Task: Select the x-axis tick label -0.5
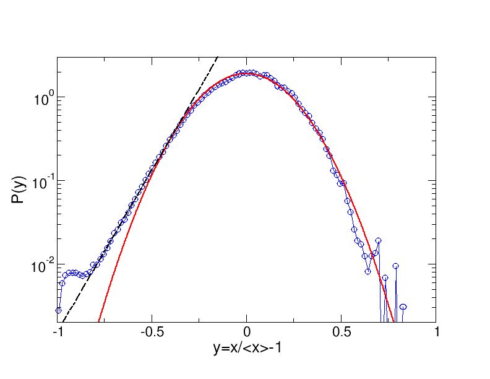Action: pos(152,333)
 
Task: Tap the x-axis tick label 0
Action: pos(247,333)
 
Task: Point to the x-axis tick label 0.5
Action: pos(342,333)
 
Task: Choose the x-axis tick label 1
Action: pos(436,333)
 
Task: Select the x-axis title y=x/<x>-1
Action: pos(247,349)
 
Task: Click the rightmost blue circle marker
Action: pos(403,307)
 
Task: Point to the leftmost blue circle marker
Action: pos(59,310)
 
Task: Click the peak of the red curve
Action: pos(247,72)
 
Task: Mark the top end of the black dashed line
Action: pos(217,57)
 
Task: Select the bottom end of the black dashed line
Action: pos(62,321)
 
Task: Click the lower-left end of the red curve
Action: pos(99,321)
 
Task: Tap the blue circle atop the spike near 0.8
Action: pos(395,266)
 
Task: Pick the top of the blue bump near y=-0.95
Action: pos(73,272)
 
